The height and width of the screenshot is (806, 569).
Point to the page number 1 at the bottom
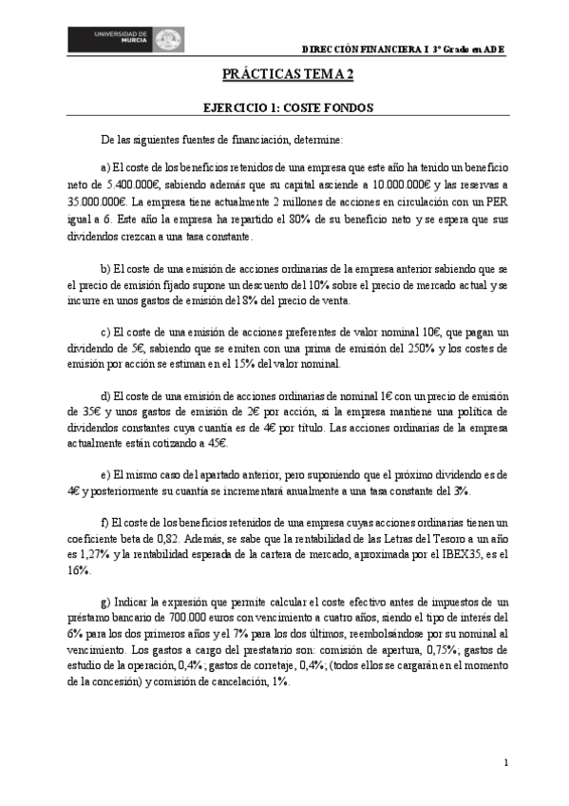(507, 762)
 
